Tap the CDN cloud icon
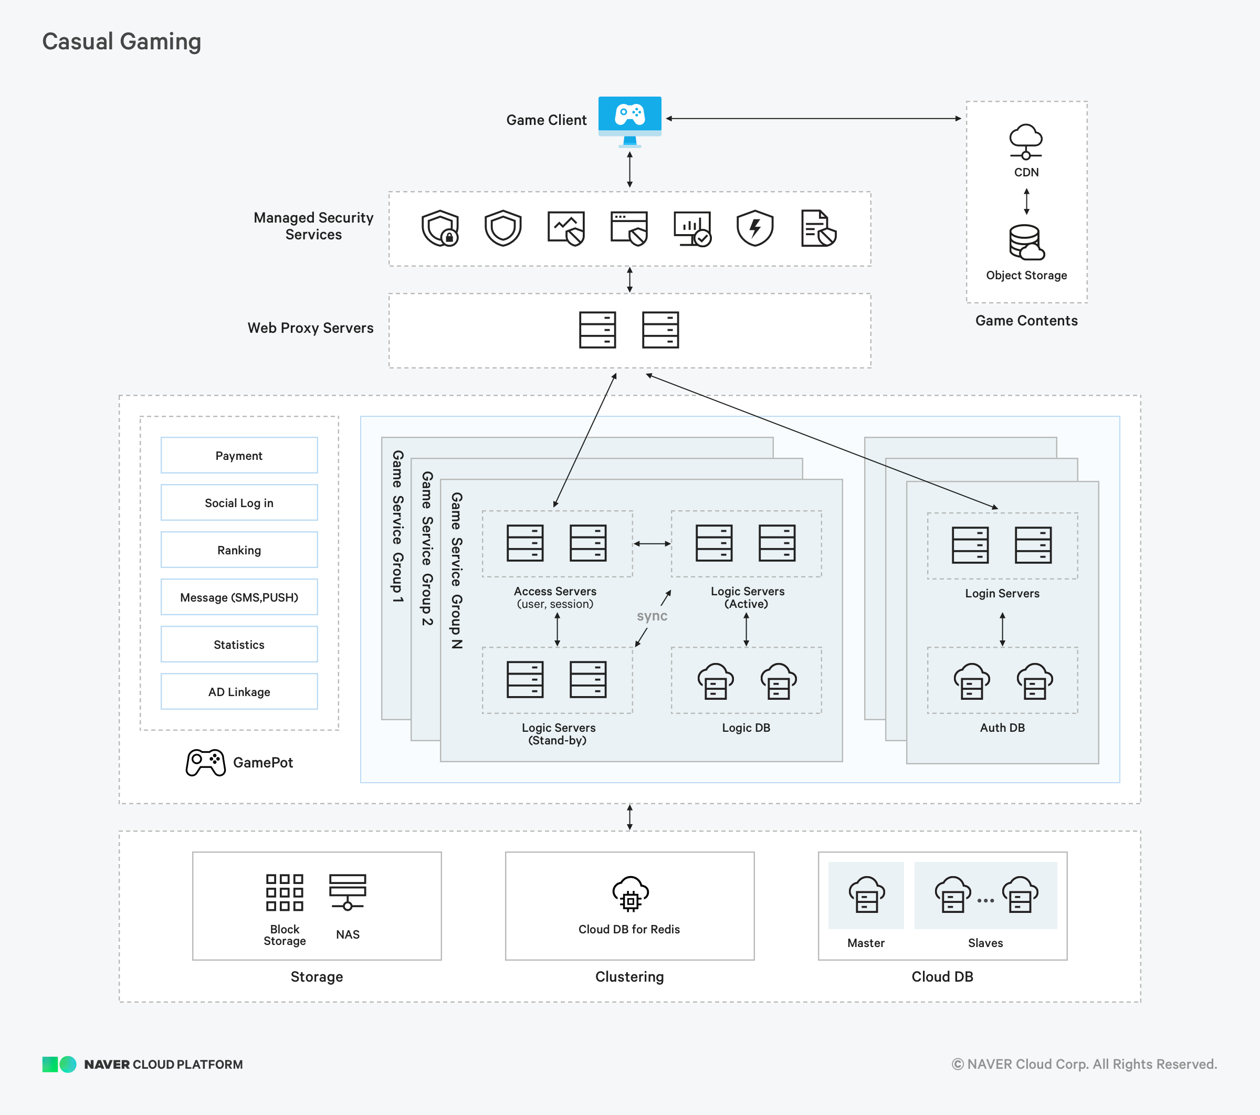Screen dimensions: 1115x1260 pyautogui.click(x=1026, y=141)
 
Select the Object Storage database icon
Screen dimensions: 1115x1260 pyautogui.click(x=1026, y=242)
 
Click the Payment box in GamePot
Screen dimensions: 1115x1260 pyautogui.click(x=239, y=456)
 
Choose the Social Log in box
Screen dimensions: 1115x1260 pyautogui.click(x=239, y=503)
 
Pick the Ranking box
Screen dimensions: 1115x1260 pyautogui.click(x=239, y=550)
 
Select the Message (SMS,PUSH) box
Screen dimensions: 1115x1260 pyautogui.click(x=239, y=597)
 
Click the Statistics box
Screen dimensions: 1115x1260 pyautogui.click(x=239, y=645)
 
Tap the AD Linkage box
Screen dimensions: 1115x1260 pyautogui.click(x=239, y=691)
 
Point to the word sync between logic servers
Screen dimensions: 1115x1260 pyautogui.click(x=652, y=616)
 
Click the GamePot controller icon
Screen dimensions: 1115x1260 pyautogui.click(x=206, y=762)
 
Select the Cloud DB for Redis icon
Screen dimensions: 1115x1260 pyautogui.click(x=630, y=893)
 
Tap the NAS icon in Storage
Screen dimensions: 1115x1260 pyautogui.click(x=348, y=892)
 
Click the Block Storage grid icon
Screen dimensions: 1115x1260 pyautogui.click(x=284, y=892)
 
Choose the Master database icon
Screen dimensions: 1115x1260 pyautogui.click(x=866, y=895)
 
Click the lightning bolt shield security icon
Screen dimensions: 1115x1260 pyautogui.click(x=754, y=228)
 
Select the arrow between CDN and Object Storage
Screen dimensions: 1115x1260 pyautogui.click(x=1026, y=201)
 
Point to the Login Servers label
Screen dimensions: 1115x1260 pyautogui.click(x=1002, y=594)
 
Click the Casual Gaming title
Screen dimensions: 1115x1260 pyautogui.click(x=121, y=42)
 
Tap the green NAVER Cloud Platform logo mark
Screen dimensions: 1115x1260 pyautogui.click(x=59, y=1065)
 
